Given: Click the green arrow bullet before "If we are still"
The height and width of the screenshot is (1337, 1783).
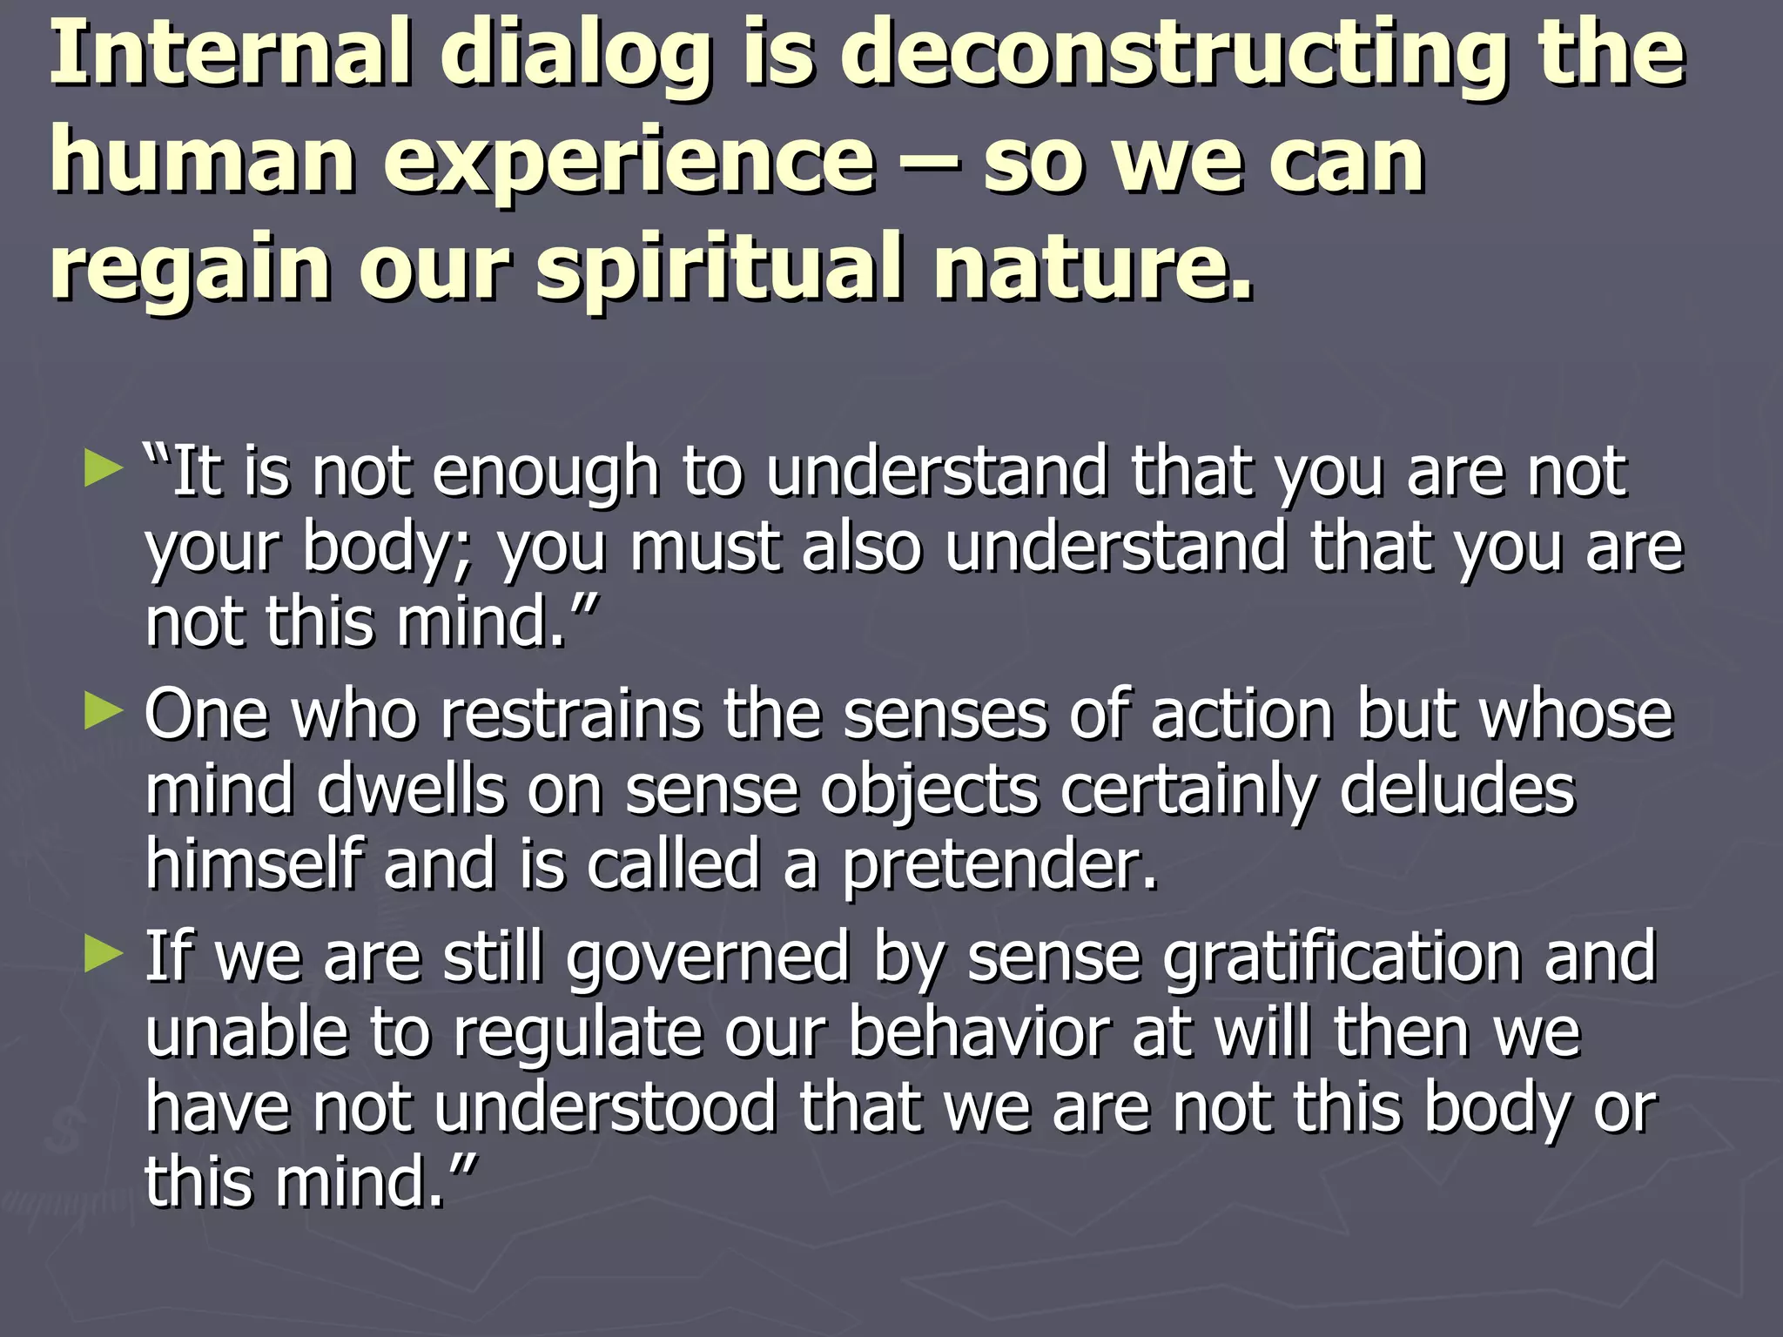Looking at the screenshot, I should pos(104,954).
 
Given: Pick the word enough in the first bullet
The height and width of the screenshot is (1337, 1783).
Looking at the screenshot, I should pos(545,474).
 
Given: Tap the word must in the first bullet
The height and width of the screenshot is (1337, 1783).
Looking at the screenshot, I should pos(704,548).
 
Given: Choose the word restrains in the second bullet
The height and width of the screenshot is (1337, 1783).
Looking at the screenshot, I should pos(569,715).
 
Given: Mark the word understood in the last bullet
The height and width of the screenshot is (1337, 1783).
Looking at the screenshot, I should pos(604,1108).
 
